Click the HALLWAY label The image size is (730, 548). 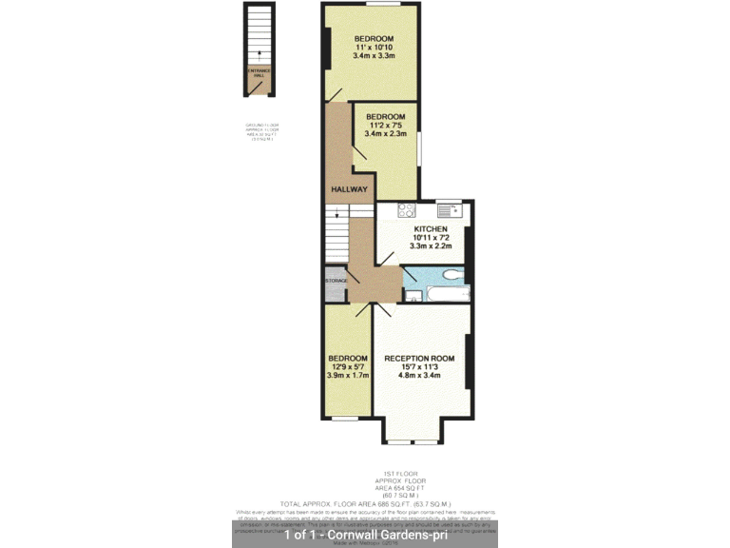point(349,189)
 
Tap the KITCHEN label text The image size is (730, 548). point(430,230)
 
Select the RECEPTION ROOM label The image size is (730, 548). point(419,359)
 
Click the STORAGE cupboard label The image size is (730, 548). point(336,281)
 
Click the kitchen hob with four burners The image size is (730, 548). point(407,210)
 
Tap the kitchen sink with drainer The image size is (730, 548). point(449,209)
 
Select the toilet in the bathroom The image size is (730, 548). point(452,276)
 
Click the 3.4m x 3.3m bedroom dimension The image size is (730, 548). point(375,56)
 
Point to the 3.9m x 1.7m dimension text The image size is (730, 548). point(347,376)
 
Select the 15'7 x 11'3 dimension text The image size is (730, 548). point(419,367)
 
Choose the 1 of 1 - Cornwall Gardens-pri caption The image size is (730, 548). point(365,535)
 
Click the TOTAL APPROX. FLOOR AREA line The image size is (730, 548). point(365,502)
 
